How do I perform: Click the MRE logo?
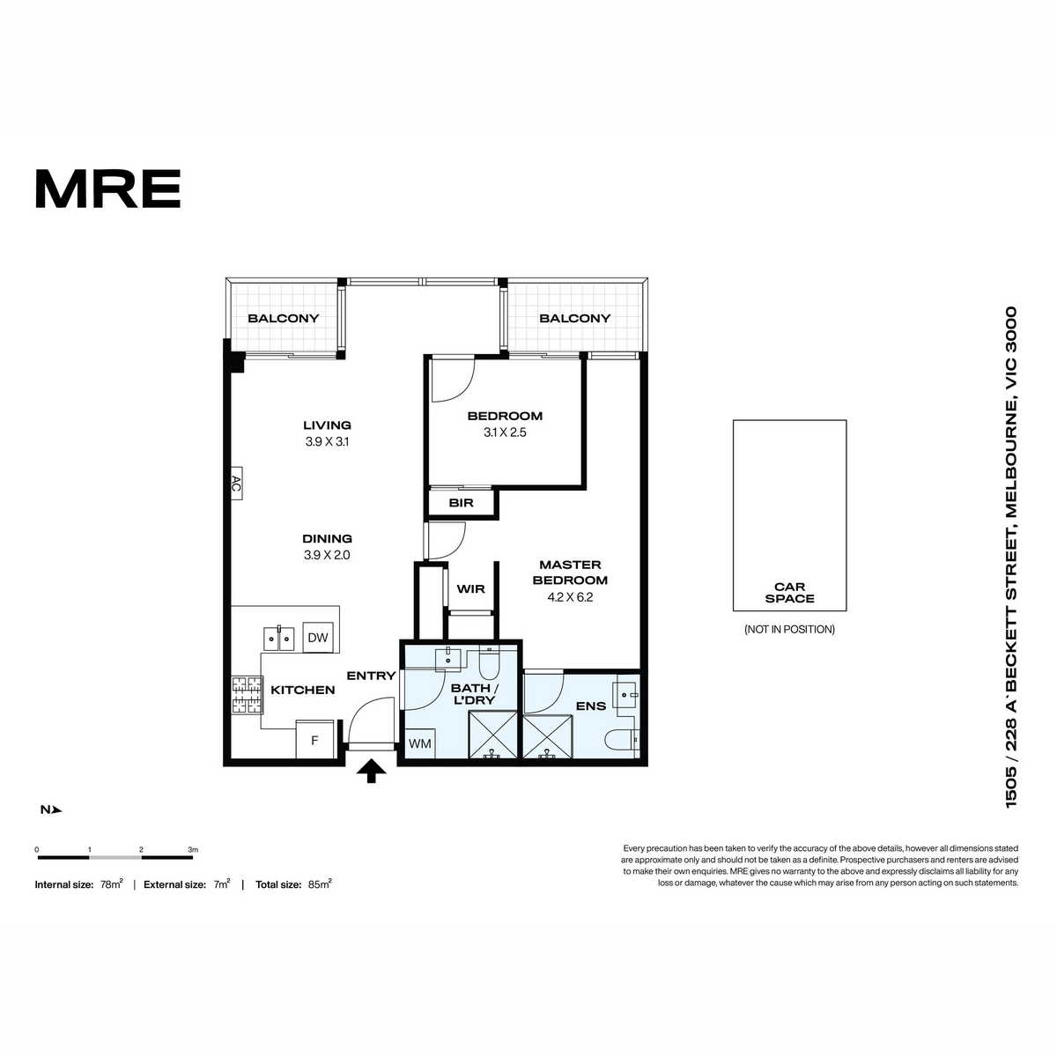(x=108, y=188)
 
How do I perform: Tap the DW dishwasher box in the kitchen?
(x=318, y=637)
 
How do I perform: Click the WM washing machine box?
(x=420, y=743)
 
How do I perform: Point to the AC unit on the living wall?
(x=236, y=484)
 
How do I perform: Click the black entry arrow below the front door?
(x=372, y=771)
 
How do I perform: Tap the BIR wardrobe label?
(x=461, y=502)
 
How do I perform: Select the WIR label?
(x=470, y=589)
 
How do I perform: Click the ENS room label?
(x=591, y=706)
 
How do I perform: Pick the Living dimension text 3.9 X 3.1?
(x=327, y=441)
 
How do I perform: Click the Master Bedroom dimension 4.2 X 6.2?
(x=570, y=597)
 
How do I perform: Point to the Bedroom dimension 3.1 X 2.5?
(x=505, y=432)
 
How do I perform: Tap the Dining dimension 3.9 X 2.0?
(x=327, y=555)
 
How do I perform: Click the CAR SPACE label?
(x=789, y=593)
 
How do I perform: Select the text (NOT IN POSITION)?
(x=789, y=630)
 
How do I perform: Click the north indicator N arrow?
(x=51, y=809)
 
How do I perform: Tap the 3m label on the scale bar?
(x=193, y=850)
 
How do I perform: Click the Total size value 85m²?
(x=321, y=884)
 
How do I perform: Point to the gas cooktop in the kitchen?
(x=247, y=694)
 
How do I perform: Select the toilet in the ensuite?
(x=622, y=740)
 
